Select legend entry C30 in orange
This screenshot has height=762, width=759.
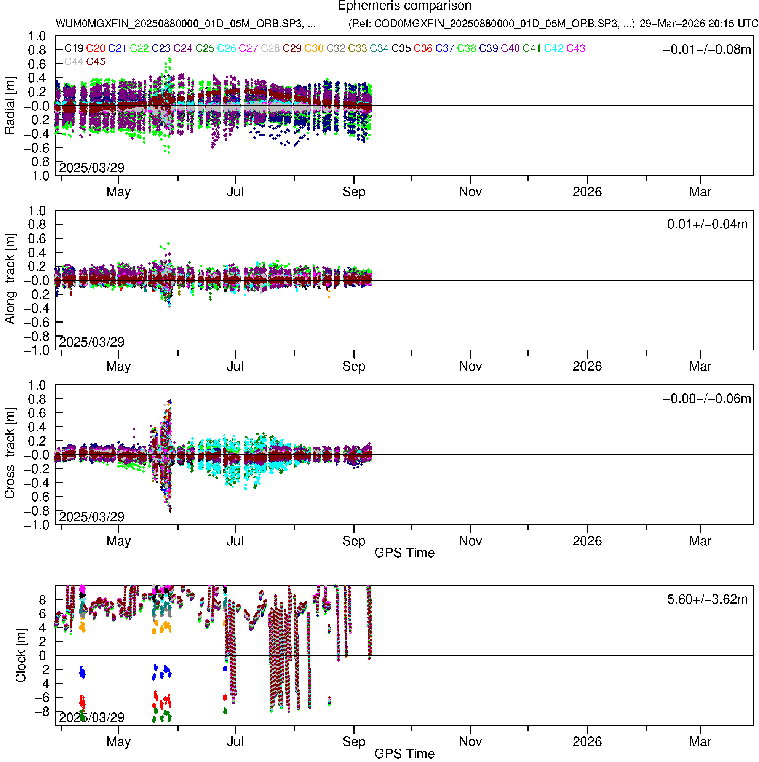314,48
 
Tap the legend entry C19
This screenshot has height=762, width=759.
74,48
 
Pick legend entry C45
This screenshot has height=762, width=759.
96,62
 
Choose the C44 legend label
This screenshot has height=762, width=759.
74,62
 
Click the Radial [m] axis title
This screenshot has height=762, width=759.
10,106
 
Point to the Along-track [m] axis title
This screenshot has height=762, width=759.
10,279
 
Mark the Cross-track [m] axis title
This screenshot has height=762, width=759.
10,454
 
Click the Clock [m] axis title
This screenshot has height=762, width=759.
21,655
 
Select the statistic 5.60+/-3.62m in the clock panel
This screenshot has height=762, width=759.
707,599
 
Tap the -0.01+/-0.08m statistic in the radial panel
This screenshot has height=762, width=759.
707,50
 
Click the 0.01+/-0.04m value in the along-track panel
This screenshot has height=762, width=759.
707,224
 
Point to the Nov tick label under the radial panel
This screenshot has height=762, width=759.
470,192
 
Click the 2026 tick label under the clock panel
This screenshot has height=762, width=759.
587,742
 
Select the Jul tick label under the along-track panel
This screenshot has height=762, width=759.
235,366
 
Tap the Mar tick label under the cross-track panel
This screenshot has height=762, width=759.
700,541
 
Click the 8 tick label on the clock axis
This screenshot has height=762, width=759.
42,600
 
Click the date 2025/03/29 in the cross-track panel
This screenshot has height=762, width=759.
91,517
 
